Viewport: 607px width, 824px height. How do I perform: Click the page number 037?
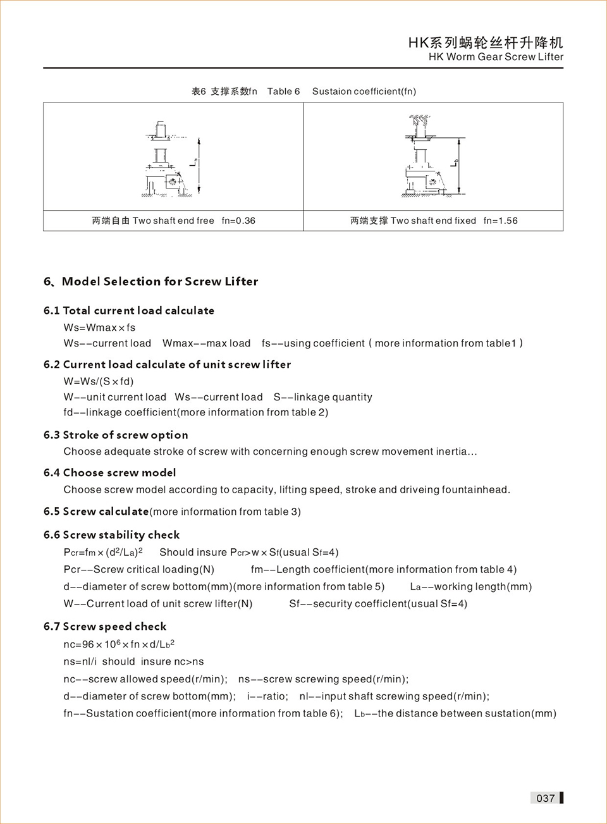click(x=545, y=798)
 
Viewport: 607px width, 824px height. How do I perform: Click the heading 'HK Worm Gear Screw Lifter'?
click(x=496, y=57)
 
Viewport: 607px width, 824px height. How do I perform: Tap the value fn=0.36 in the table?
click(x=238, y=221)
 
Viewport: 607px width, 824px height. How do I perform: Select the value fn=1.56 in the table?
click(x=500, y=221)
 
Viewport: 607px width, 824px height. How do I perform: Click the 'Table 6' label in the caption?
click(x=283, y=91)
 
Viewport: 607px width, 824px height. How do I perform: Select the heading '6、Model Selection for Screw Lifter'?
click(x=150, y=281)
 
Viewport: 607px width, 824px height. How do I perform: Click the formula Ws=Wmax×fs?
click(x=99, y=328)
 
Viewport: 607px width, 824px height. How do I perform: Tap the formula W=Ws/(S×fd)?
click(x=99, y=381)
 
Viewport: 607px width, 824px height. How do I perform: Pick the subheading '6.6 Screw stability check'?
click(x=111, y=535)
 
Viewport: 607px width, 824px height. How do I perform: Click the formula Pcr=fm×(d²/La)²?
click(x=103, y=552)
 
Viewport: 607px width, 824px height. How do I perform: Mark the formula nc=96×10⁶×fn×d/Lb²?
click(x=119, y=644)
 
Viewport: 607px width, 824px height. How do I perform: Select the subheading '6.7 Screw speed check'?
click(x=105, y=627)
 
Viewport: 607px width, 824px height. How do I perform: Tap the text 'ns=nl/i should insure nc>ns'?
click(x=133, y=661)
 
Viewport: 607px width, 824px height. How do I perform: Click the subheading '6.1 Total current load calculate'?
click(x=129, y=311)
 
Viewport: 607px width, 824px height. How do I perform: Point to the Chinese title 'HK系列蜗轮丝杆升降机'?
click(x=485, y=42)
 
